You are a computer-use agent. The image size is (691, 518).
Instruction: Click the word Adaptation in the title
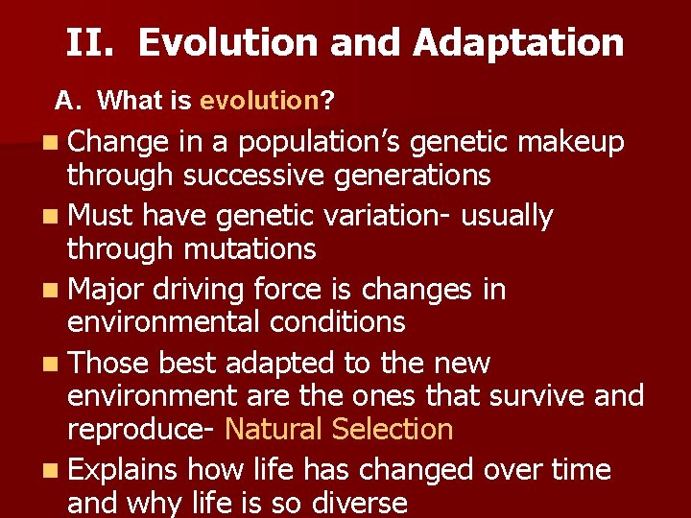click(x=519, y=43)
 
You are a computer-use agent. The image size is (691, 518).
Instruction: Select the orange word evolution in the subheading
click(x=258, y=100)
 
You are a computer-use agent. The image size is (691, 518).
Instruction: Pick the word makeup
click(x=571, y=143)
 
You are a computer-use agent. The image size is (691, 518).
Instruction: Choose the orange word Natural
click(x=274, y=429)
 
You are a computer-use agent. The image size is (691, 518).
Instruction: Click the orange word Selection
click(x=392, y=429)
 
